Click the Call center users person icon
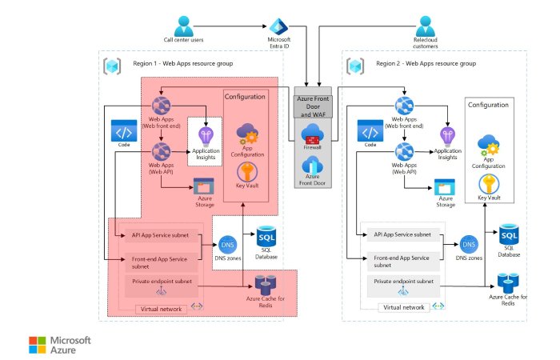point(184,25)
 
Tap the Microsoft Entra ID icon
point(278,26)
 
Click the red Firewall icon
point(312,134)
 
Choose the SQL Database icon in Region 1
point(266,238)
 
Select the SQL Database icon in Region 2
point(508,236)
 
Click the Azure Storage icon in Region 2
point(446,187)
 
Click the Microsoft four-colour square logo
point(38,344)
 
